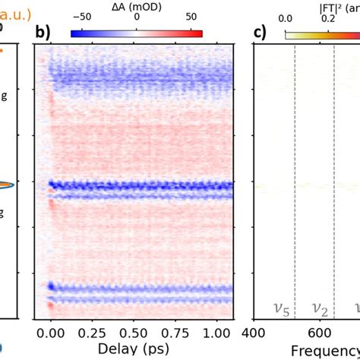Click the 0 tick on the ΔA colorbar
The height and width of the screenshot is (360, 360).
click(x=137, y=18)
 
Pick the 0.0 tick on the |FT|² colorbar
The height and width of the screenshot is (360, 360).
click(x=286, y=18)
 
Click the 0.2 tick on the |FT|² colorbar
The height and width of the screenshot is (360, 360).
click(x=328, y=18)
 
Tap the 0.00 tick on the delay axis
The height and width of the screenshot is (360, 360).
click(x=51, y=332)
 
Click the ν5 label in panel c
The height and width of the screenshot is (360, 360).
click(x=280, y=308)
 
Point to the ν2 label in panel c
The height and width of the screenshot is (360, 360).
click(x=314, y=308)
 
